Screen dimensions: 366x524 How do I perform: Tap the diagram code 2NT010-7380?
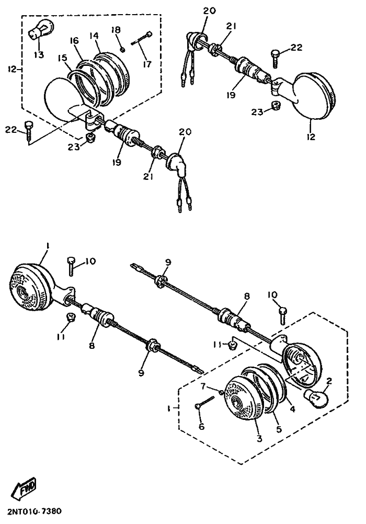[33, 511]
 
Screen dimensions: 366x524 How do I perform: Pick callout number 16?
[74, 41]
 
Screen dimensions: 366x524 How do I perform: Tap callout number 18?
[116, 30]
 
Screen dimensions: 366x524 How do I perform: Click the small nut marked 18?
[122, 50]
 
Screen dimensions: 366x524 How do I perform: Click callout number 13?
[39, 54]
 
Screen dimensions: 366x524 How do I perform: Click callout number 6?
[201, 426]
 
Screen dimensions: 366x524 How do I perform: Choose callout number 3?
[259, 438]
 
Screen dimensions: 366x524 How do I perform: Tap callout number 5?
[279, 429]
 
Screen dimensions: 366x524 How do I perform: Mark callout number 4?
[293, 409]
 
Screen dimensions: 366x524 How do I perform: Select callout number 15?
[62, 58]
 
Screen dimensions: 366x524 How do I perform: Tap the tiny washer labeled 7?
[221, 392]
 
